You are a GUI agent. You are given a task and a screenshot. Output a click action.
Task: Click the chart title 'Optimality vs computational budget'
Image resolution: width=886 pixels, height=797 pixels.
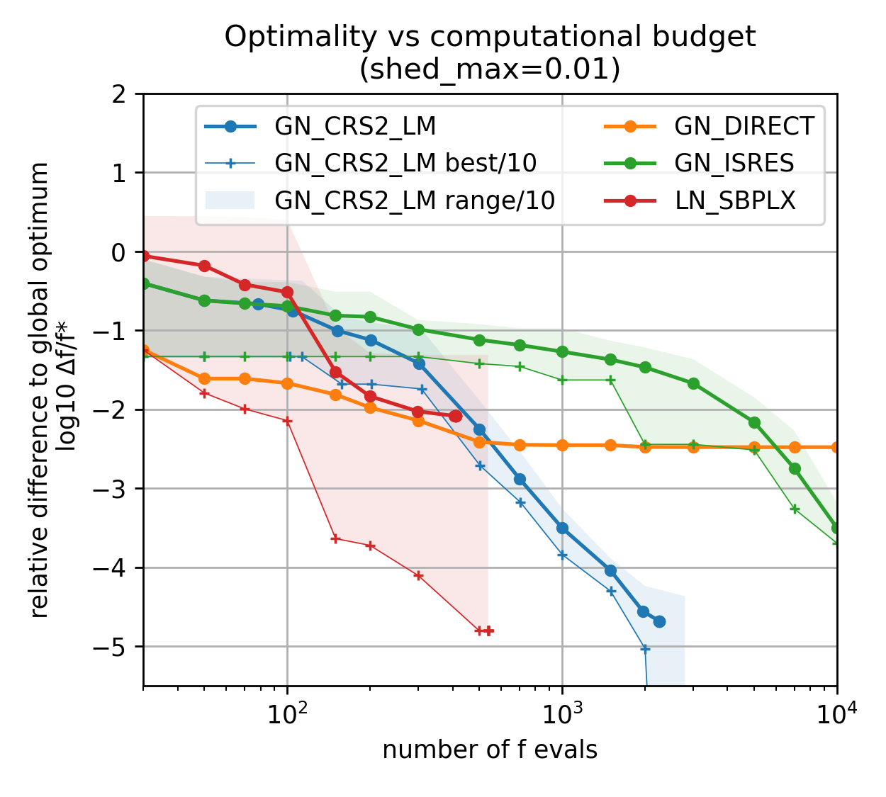(490, 37)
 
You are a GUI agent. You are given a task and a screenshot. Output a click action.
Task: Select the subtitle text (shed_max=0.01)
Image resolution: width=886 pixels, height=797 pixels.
(490, 69)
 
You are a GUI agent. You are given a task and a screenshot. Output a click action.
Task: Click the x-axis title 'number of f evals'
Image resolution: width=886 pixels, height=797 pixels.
(490, 750)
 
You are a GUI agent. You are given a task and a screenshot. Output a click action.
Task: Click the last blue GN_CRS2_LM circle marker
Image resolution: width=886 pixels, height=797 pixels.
(659, 621)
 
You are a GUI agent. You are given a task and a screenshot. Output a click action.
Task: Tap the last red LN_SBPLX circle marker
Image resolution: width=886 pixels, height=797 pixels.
(455, 416)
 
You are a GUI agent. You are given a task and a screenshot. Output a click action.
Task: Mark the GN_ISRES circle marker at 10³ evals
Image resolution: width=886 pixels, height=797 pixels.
(562, 351)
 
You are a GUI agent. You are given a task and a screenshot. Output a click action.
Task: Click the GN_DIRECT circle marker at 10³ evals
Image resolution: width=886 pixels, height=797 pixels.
(562, 445)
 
